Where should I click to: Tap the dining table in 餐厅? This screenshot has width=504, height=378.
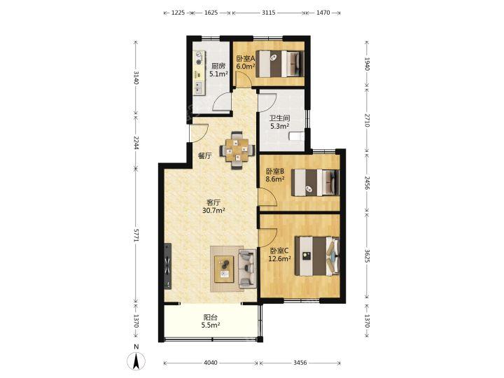[237, 150]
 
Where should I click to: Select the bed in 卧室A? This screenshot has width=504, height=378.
[280, 64]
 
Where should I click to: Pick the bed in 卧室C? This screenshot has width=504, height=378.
[317, 256]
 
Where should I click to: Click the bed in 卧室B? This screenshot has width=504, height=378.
[315, 183]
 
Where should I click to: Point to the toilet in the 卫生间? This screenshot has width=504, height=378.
[296, 136]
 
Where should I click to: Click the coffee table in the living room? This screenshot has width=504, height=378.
[225, 269]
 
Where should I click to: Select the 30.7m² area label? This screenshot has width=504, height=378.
[213, 211]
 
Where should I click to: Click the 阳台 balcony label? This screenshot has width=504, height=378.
[211, 317]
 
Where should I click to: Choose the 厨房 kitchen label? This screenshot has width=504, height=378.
[218, 66]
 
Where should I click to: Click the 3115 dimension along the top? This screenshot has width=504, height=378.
[268, 13]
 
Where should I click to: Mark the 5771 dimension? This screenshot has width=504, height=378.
[136, 235]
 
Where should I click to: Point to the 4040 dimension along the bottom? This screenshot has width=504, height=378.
[211, 363]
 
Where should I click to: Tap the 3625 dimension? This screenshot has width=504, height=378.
[367, 256]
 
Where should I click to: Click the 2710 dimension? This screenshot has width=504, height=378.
[367, 120]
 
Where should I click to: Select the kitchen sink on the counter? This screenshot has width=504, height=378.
[199, 87]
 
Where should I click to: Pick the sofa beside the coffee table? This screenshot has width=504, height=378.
[247, 269]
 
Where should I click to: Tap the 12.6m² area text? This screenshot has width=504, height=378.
[279, 258]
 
